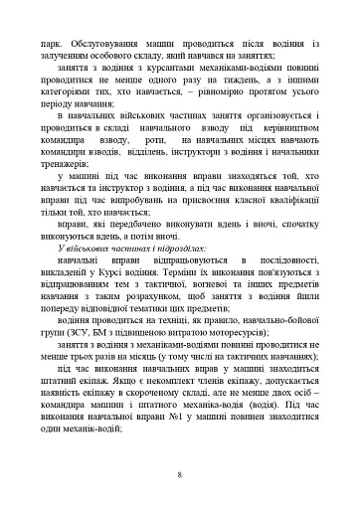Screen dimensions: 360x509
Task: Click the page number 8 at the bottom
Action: point(179,472)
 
